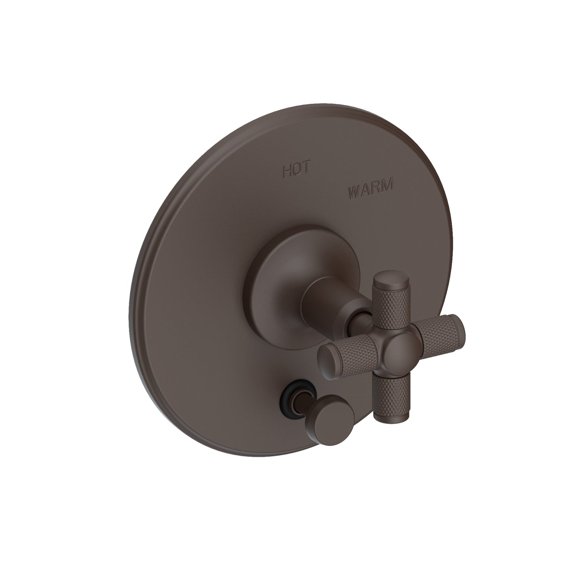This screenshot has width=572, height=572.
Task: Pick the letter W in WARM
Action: [355, 194]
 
